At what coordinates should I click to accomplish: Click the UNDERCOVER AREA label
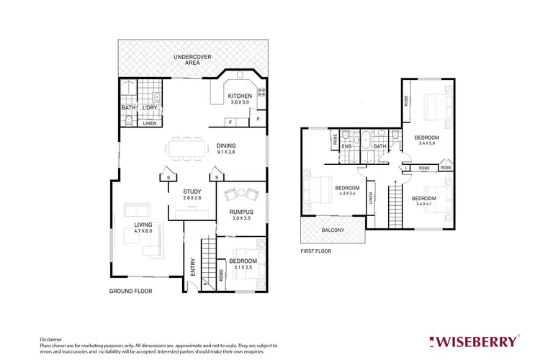click(192, 59)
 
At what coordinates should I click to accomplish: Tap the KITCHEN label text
click(239, 96)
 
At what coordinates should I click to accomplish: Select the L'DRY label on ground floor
click(150, 108)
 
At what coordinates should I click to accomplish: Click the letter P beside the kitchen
click(258, 118)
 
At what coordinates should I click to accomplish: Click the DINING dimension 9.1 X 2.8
click(231, 152)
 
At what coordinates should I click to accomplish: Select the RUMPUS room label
click(241, 212)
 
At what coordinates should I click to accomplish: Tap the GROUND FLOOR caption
click(130, 292)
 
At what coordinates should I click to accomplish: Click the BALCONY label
click(333, 230)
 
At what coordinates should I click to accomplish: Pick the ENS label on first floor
click(346, 147)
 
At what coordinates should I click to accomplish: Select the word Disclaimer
click(52, 338)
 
